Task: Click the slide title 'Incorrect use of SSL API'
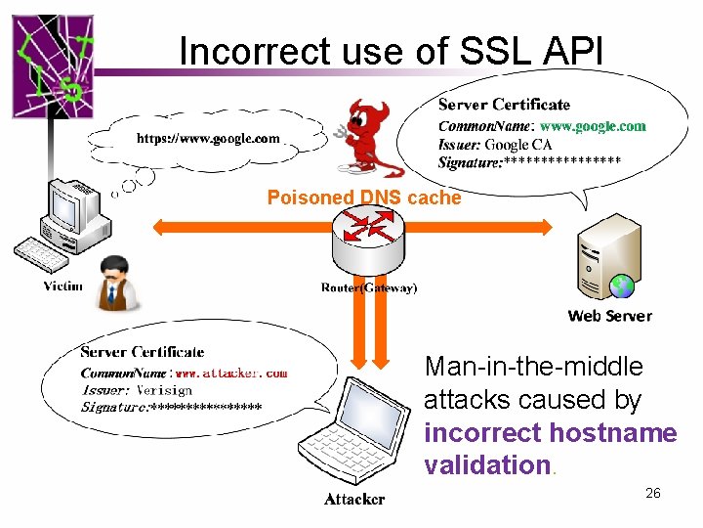pos(392,51)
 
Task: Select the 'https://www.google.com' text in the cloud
pos(207,139)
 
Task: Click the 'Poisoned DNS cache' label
pos(363,198)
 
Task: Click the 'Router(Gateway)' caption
pos(368,287)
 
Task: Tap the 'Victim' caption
pos(62,286)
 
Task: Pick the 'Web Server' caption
pos(609,316)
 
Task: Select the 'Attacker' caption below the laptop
pos(354,500)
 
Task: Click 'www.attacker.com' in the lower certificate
pos(231,373)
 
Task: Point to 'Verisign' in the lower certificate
pos(163,389)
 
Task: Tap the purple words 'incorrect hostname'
pos(550,432)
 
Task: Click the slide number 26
pos(653,493)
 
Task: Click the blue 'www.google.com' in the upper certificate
pos(593,126)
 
